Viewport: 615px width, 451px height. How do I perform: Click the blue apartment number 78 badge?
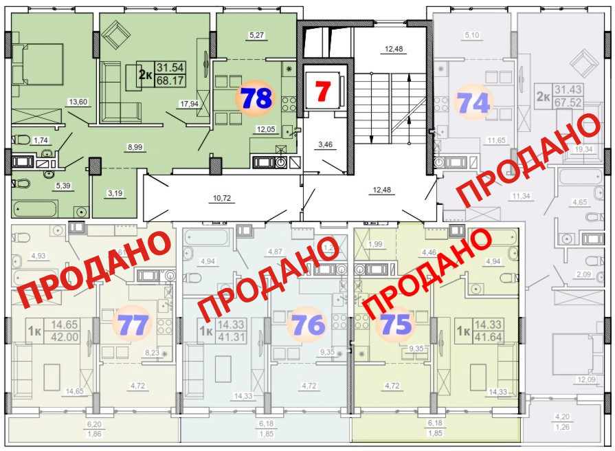point(255,99)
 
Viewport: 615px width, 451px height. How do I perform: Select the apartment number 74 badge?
point(474,102)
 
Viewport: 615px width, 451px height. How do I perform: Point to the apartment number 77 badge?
point(133,324)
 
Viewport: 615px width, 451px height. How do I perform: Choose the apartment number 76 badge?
point(307,324)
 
